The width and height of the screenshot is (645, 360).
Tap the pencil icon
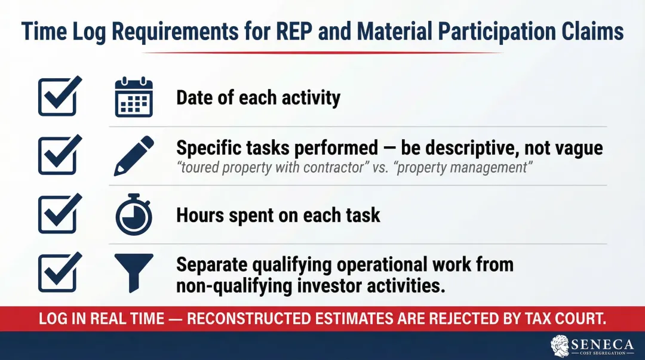click(x=134, y=155)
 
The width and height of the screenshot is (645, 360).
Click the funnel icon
click(x=134, y=272)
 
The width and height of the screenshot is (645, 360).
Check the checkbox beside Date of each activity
click(x=59, y=96)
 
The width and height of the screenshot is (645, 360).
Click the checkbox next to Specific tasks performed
click(x=59, y=154)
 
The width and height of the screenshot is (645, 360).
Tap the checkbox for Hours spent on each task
click(x=59, y=213)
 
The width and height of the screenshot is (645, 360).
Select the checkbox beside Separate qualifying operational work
click(x=59, y=272)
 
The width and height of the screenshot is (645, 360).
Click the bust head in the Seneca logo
click(x=560, y=344)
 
